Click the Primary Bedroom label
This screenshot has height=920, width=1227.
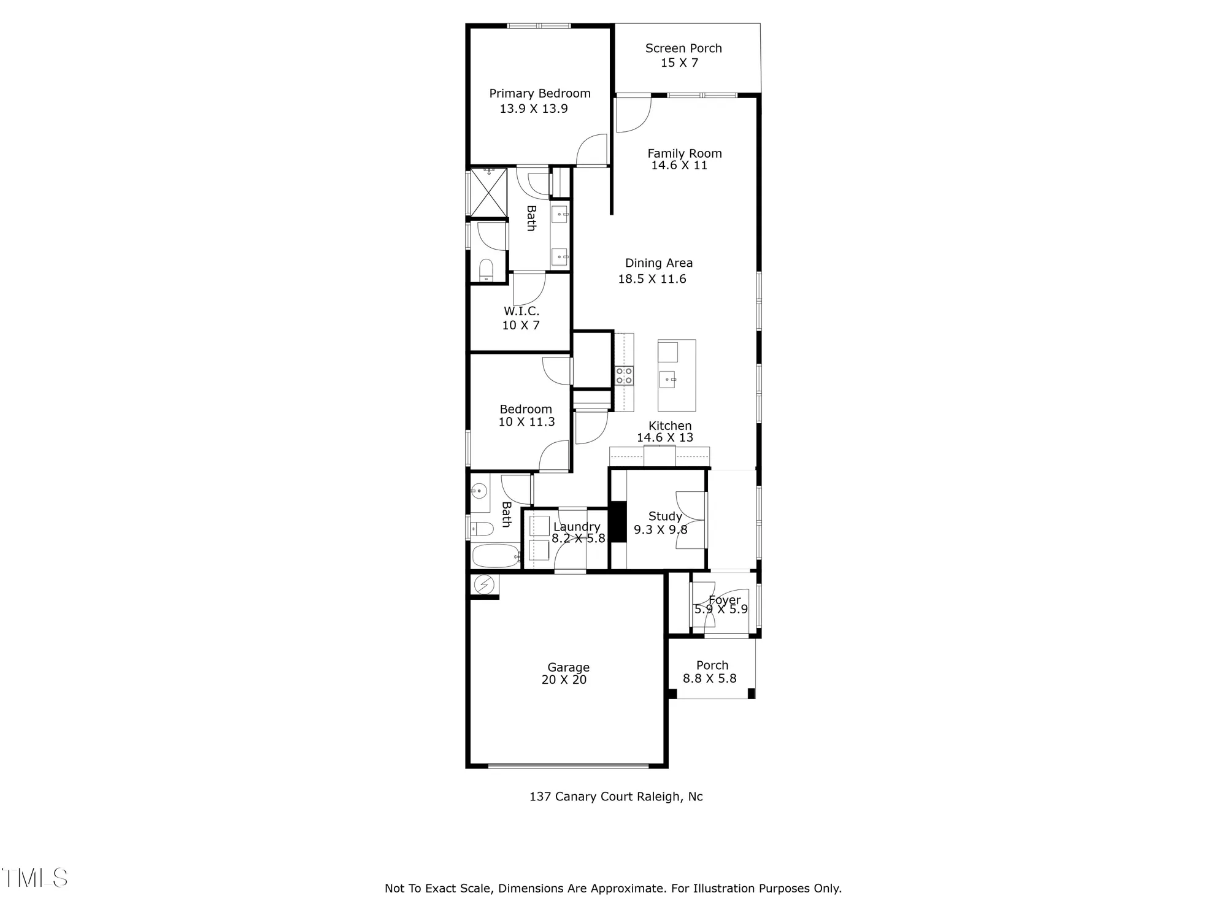[x=539, y=93]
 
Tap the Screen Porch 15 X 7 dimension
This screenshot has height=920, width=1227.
[x=679, y=63]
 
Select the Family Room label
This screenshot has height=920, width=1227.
[x=684, y=153]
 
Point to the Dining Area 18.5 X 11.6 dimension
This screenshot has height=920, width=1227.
[x=652, y=279]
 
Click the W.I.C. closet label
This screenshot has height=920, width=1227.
[x=521, y=311]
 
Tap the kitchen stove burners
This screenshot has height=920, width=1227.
[x=624, y=375]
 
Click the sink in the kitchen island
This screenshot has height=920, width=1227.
[x=667, y=380]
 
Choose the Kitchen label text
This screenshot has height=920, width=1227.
[x=669, y=426]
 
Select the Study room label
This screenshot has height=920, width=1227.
[x=665, y=516]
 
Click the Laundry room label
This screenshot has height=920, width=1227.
[x=577, y=527]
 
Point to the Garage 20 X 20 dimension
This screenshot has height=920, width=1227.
[x=564, y=680]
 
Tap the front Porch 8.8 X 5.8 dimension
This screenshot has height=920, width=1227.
[x=709, y=678]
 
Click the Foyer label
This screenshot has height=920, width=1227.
[x=725, y=600]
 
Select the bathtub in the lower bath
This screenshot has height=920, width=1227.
[x=495, y=557]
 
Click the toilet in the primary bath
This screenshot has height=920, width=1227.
[x=486, y=270]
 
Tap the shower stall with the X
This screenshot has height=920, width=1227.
[x=488, y=192]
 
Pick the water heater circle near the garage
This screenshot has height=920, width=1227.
[x=484, y=585]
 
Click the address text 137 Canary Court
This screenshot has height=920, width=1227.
[x=616, y=797]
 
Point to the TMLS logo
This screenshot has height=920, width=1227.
[x=35, y=878]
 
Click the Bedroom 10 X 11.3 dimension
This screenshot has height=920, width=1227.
[x=526, y=422]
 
